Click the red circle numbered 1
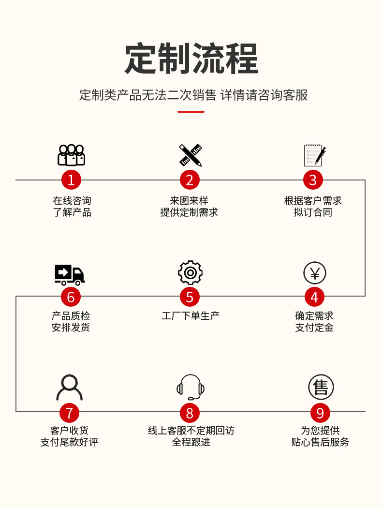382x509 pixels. coord(71,180)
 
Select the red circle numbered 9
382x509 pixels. coord(320,413)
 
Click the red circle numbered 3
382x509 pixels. coord(313,180)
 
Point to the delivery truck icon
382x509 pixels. coord(70,275)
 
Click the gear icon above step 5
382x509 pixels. coord(190,273)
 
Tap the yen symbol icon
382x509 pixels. coord(315,273)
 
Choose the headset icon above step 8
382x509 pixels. coord(190,388)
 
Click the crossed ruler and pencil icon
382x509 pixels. coord(190,155)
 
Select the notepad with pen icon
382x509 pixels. coord(314,155)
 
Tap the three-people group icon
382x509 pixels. coord(71,155)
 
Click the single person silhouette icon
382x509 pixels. coord(70,388)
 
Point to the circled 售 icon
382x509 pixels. coord(321,387)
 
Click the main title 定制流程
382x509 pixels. coord(191,59)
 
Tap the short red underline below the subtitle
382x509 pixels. coord(191,112)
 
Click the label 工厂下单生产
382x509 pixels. coord(191,316)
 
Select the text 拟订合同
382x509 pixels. coord(313,212)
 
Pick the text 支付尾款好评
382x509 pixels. coord(69,442)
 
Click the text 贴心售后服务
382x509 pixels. coord(320,442)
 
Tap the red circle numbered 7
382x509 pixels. coord(69,413)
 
